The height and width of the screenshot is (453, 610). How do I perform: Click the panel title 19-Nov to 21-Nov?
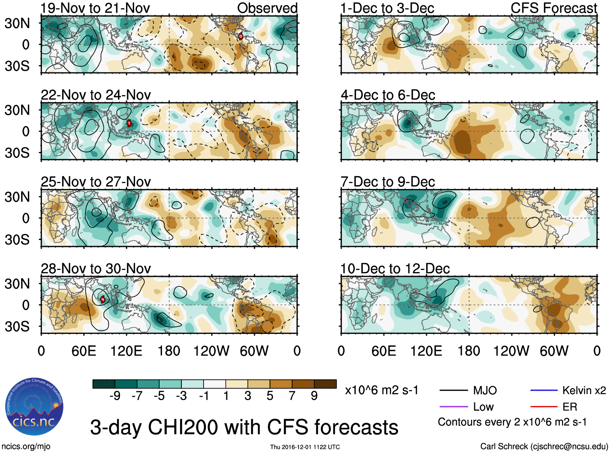point(95,8)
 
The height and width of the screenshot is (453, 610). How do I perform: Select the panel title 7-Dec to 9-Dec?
point(388,182)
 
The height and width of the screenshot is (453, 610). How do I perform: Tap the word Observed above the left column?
point(267,8)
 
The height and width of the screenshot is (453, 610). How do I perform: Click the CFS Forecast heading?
point(553,8)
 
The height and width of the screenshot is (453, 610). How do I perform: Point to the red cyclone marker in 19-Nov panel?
point(241,36)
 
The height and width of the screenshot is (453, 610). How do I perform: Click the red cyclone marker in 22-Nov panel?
point(129,123)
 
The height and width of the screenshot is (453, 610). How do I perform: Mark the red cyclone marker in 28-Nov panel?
point(103,299)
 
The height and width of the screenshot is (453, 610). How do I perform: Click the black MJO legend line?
point(453,390)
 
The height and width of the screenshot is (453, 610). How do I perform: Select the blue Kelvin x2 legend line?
point(544,390)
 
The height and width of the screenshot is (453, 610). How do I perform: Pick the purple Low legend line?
point(453,407)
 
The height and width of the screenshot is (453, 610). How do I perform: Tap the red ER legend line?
point(544,407)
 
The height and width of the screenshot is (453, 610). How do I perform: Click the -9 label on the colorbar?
point(115,396)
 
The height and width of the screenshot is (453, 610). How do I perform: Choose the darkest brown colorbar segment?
point(325,384)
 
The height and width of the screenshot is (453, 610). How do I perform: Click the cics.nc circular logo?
point(34,407)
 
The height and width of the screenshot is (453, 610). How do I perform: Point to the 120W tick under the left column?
point(211,351)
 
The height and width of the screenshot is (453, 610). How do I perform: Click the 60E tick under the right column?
point(384,351)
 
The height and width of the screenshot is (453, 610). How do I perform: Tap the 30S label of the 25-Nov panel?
point(17,240)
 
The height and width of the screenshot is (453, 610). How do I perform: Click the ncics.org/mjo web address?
point(26,446)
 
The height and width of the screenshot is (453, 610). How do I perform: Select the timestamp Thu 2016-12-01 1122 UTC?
point(305,447)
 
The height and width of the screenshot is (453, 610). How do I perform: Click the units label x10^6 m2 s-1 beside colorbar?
point(381,390)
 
